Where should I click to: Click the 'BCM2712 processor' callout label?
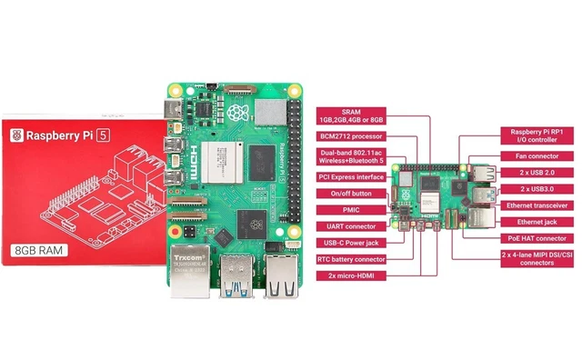click(x=350, y=135)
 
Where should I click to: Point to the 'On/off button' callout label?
click(x=350, y=194)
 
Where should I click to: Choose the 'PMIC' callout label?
click(x=350, y=210)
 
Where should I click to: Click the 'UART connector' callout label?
click(x=350, y=226)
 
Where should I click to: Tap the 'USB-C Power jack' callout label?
click(x=350, y=243)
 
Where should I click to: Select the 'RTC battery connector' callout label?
click(x=350, y=259)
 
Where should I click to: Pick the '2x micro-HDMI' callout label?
click(x=350, y=275)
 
